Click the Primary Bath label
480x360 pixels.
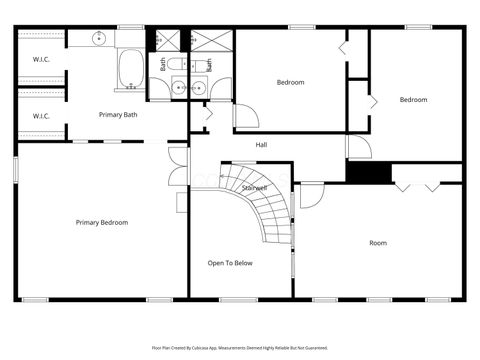pos(117,115)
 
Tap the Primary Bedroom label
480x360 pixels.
pos(102,222)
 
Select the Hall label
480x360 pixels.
pos(261,145)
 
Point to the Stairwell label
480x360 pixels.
pos(254,187)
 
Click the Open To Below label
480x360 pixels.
pos(230,263)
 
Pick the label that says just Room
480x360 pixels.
pos(378,243)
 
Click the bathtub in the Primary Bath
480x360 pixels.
pos(130,69)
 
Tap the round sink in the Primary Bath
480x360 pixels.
pos(99,38)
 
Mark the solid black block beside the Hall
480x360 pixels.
pos(368,171)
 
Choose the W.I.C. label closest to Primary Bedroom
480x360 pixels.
pos(41,116)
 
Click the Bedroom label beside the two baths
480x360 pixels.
pos(290,82)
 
